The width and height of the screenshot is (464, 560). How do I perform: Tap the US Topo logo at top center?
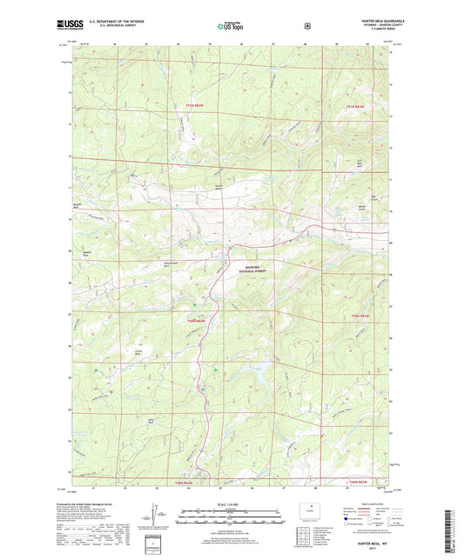pos(231,27)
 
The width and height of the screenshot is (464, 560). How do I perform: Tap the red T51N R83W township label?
pos(359,106)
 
